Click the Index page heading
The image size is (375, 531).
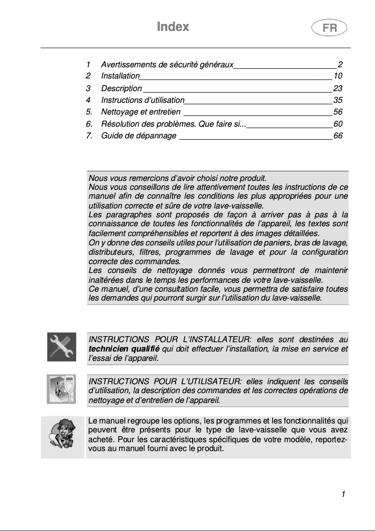tap(173, 27)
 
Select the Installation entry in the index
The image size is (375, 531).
tap(120, 76)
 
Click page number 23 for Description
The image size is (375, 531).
tap(338, 88)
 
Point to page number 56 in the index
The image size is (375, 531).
tap(338, 112)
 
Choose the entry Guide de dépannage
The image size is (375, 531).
tap(139, 136)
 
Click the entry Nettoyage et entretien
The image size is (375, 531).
tap(141, 112)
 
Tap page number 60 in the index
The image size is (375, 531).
tap(338, 124)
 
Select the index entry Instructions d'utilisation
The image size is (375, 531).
tap(143, 100)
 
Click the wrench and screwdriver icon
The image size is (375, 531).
tap(61, 347)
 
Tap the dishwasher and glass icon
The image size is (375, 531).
tap(61, 389)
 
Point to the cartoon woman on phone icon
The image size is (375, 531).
tap(61, 435)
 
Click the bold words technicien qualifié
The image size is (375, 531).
tap(124, 349)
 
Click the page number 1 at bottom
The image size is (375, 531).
tap(343, 495)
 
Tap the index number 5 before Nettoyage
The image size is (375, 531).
tap(89, 112)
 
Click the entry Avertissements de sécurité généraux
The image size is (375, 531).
tap(167, 65)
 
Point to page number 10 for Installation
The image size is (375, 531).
tap(338, 76)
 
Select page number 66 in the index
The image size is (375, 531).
tap(338, 136)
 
